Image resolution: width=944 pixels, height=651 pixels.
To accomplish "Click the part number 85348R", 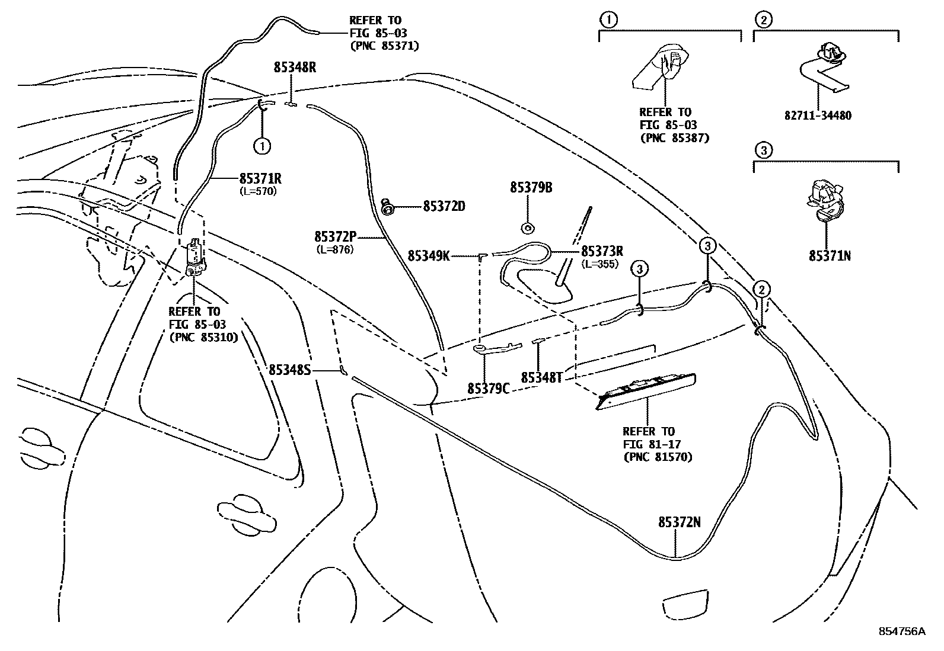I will point(294,68).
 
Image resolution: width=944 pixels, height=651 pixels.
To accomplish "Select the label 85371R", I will point(260,178).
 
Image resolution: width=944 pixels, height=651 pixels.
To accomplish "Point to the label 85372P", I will point(336,237).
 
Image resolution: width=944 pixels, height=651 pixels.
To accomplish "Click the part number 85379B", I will point(531,188).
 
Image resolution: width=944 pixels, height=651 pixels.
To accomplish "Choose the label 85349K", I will point(429,256).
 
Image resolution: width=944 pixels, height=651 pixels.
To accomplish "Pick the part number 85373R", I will point(602,251).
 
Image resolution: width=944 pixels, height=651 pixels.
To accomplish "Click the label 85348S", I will point(290,370).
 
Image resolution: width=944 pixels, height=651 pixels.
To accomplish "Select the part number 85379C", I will point(488,388).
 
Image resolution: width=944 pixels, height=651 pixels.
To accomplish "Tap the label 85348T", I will point(541,377).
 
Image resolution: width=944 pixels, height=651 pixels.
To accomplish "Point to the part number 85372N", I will point(679,522).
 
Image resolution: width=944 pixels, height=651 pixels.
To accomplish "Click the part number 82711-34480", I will point(818,116).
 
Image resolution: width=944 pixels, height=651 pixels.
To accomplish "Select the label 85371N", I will point(830,256).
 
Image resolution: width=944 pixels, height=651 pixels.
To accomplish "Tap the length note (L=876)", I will point(334,249).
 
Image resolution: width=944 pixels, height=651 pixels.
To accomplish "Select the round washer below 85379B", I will point(527,227).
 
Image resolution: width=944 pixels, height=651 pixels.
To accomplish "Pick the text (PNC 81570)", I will point(658,457).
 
